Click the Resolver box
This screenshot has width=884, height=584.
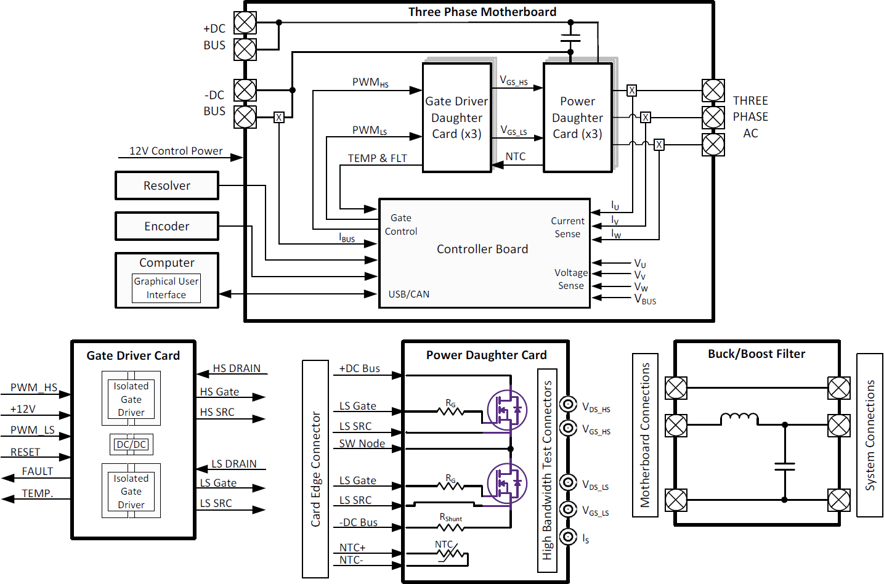[166, 185]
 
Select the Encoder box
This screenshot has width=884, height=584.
[166, 226]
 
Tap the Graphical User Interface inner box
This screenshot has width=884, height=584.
[166, 288]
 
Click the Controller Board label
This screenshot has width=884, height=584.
[482, 249]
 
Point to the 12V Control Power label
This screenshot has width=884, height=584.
[176, 151]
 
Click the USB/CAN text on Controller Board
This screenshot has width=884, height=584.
[409, 294]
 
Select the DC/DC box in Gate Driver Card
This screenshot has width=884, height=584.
[131, 444]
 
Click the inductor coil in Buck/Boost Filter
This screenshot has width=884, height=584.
[739, 418]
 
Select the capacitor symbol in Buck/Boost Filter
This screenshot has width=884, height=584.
[784, 466]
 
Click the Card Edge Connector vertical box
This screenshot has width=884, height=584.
[315, 469]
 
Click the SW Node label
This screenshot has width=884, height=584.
[362, 444]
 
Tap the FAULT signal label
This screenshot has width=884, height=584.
[38, 471]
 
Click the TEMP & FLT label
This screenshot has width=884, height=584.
[377, 158]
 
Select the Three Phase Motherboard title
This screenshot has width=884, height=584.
[482, 12]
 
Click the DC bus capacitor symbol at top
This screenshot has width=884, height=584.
[570, 38]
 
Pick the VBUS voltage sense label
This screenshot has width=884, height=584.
[645, 299]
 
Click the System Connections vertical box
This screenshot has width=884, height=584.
[870, 435]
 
